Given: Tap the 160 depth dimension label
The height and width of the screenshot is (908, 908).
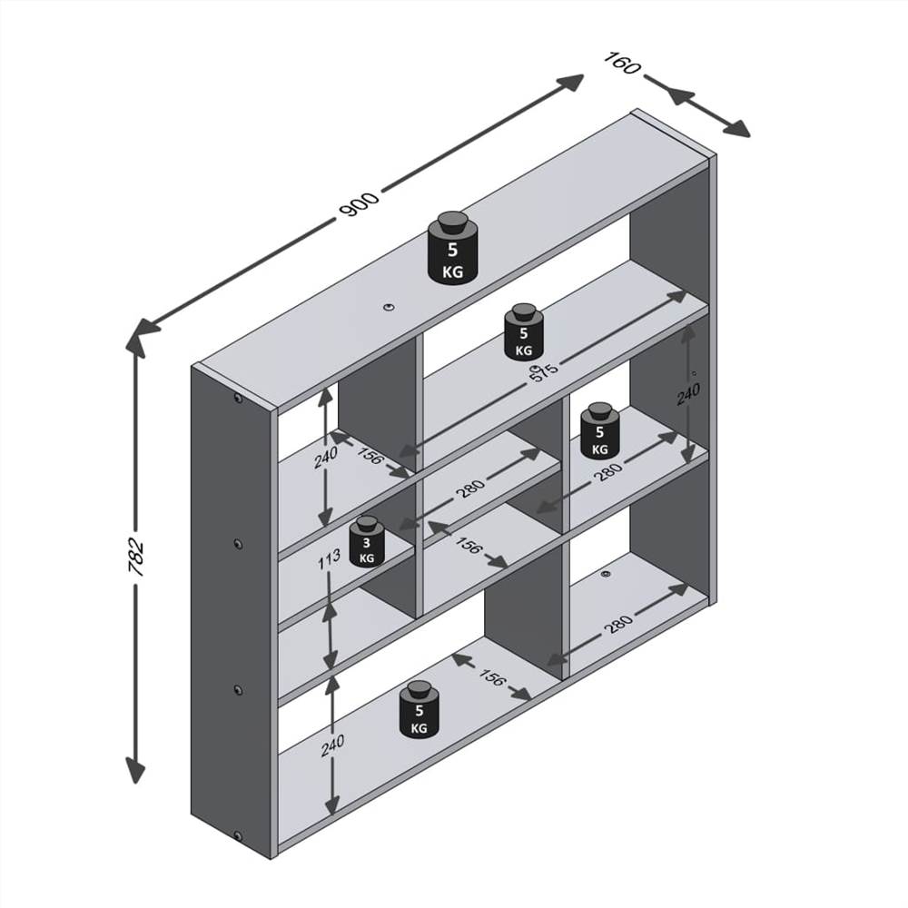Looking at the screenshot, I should pos(622,65).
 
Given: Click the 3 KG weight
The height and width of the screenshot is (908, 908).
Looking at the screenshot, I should pos(367,543).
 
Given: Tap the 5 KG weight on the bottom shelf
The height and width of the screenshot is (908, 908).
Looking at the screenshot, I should pos(419,708).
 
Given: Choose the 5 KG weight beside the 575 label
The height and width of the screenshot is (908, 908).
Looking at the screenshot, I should pos(524,332).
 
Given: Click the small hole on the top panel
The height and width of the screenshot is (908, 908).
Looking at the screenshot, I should pos(388,307).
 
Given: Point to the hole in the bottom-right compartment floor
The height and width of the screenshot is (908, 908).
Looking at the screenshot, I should pos(607,574).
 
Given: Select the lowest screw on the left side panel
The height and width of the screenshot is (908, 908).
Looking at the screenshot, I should pos(238,835).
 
